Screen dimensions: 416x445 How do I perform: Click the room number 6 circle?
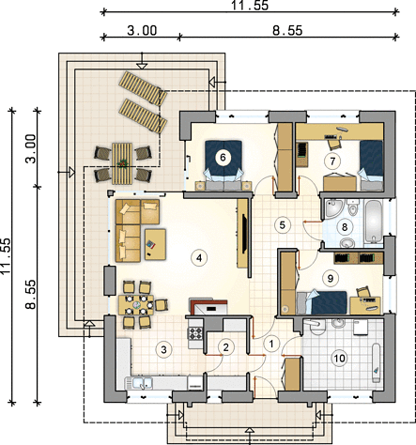(x=223, y=157)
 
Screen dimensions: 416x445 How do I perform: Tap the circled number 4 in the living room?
(x=198, y=258)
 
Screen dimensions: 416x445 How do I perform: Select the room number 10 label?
(x=339, y=358)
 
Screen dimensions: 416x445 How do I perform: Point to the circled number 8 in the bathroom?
(x=345, y=226)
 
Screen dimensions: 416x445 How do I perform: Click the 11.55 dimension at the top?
(x=250, y=6)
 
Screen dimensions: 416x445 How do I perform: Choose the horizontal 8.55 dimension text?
(x=287, y=30)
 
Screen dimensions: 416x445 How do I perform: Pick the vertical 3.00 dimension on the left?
(x=31, y=148)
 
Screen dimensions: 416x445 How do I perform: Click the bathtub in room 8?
(x=374, y=222)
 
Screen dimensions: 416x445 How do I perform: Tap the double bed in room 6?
(x=223, y=165)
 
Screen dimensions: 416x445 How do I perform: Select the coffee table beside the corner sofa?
(x=155, y=244)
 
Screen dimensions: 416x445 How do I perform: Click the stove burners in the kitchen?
(x=195, y=333)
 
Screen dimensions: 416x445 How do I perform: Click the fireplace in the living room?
(x=208, y=307)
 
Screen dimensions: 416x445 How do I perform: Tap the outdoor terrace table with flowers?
(x=122, y=163)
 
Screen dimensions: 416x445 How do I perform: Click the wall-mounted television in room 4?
(x=245, y=233)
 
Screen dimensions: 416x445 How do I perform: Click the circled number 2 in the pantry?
(x=225, y=346)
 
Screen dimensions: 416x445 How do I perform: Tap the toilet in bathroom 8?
(x=353, y=207)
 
